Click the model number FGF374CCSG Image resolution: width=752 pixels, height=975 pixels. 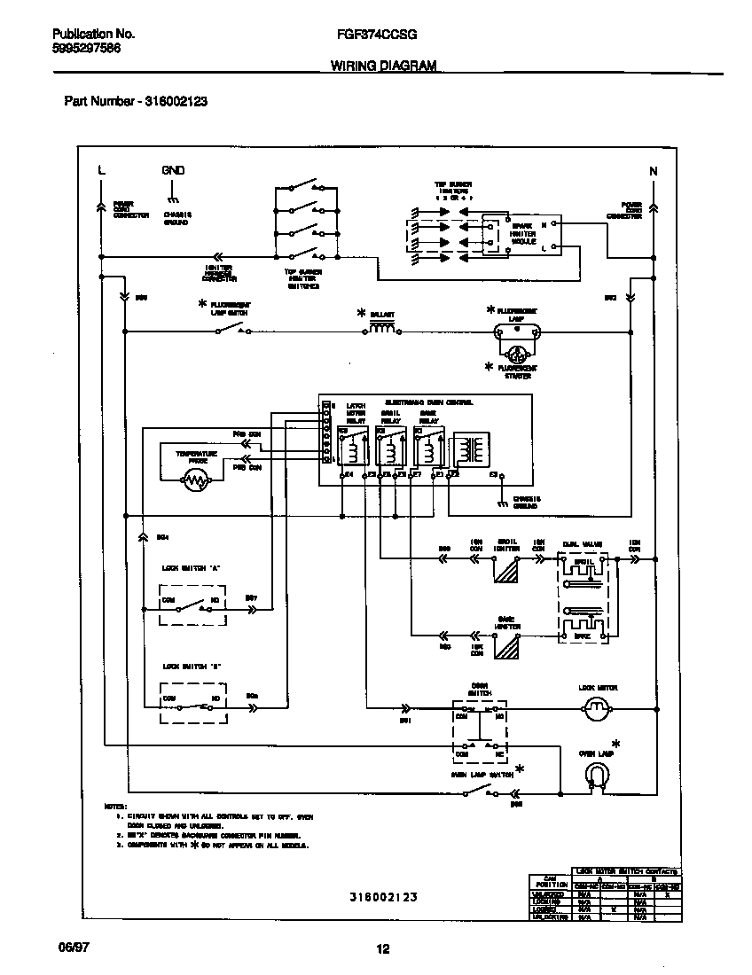377,34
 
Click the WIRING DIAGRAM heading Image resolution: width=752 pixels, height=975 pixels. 384,66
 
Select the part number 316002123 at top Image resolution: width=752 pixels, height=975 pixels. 172,101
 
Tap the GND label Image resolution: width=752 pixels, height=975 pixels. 173,169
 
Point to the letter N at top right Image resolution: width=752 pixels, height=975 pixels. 654,170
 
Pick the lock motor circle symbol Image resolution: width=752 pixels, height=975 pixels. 597,707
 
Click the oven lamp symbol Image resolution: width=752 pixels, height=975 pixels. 597,776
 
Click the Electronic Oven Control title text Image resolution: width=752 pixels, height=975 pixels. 428,402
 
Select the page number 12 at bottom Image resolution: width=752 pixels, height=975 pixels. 383,949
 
